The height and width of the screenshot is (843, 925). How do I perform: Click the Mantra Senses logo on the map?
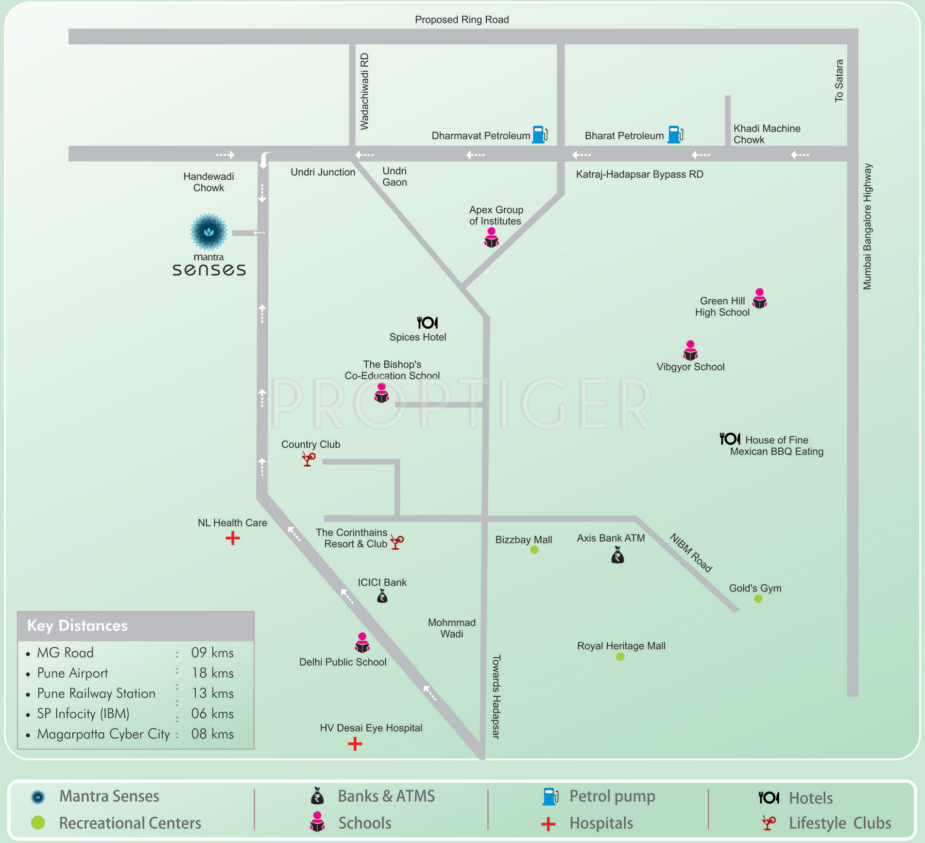coord(209,232)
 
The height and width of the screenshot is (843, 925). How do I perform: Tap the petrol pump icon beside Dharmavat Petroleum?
coord(539,135)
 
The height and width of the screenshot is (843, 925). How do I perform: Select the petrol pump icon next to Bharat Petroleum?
coord(675,135)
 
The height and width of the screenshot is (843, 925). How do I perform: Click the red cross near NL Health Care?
coord(233,538)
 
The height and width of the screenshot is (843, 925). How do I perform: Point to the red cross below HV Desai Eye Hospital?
coord(355,744)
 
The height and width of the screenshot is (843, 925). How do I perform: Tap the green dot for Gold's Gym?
coord(758,599)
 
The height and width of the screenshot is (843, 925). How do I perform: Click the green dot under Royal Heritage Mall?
coord(620,657)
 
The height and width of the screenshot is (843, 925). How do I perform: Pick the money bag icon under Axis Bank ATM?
coord(617,555)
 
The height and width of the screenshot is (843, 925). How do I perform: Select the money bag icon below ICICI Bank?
coord(382,596)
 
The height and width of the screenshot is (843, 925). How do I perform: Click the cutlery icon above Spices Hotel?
coord(428,322)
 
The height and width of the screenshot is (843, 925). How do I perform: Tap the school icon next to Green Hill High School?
coord(759,299)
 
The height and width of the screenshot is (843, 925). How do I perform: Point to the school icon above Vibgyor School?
coord(690,350)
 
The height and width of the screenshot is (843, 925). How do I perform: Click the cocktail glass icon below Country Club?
coord(308,458)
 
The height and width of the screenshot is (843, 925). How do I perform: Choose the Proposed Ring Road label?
coord(462,19)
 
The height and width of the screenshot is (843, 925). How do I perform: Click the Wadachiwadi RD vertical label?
coord(364,91)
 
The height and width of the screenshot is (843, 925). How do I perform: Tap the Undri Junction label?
coord(323,172)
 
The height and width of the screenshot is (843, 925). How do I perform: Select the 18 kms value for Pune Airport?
coord(212,673)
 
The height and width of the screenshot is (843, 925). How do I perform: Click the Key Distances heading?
coord(78,625)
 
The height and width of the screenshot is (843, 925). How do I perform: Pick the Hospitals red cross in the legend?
coord(548,824)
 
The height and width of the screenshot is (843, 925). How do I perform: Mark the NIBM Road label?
coord(691,553)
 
